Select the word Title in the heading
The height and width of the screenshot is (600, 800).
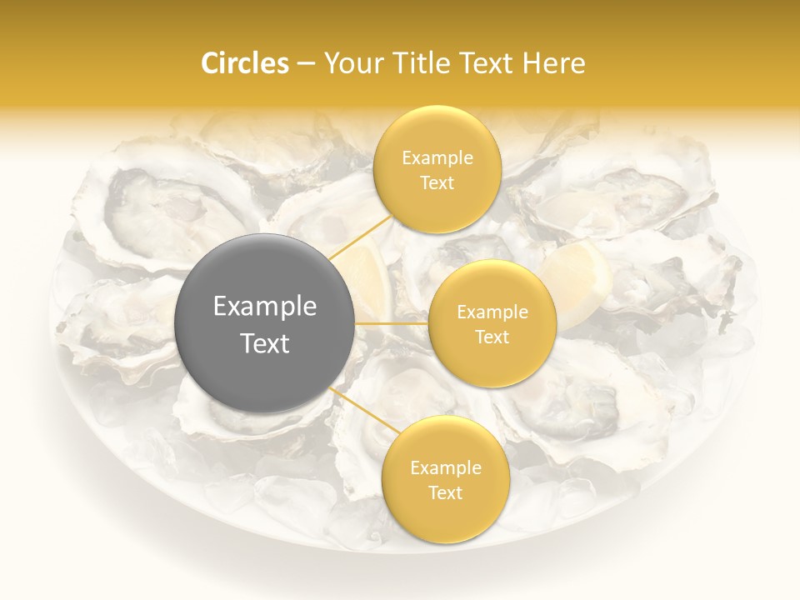421,63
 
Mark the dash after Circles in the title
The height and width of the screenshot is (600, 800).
305,64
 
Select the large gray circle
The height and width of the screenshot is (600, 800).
265,323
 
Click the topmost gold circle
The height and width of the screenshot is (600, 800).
436,170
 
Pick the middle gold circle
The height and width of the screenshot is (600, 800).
492,323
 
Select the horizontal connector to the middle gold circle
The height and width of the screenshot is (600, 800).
392,323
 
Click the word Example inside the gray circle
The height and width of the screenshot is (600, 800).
265,307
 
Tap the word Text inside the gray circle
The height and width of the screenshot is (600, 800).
265,343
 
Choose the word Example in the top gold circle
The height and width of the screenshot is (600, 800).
437,157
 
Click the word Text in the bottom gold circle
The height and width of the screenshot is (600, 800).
445,492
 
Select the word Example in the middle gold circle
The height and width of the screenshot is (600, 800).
492,312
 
